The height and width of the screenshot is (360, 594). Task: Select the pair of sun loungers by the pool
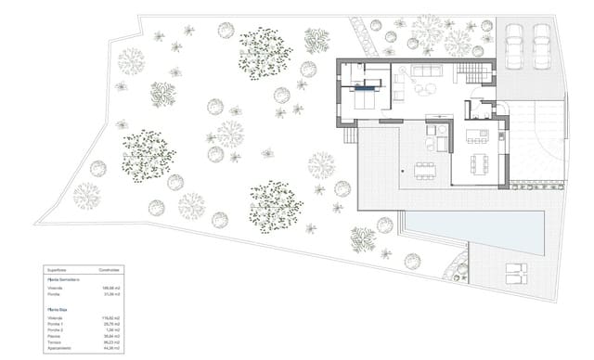pos(515,273)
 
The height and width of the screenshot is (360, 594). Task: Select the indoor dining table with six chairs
pos(479,164)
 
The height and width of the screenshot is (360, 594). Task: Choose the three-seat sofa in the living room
pos(428,71)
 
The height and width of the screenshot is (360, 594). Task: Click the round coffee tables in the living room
pos(423,89)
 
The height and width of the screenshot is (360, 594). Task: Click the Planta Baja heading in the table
pos(59,309)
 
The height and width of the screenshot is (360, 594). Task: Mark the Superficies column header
pos(58,269)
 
